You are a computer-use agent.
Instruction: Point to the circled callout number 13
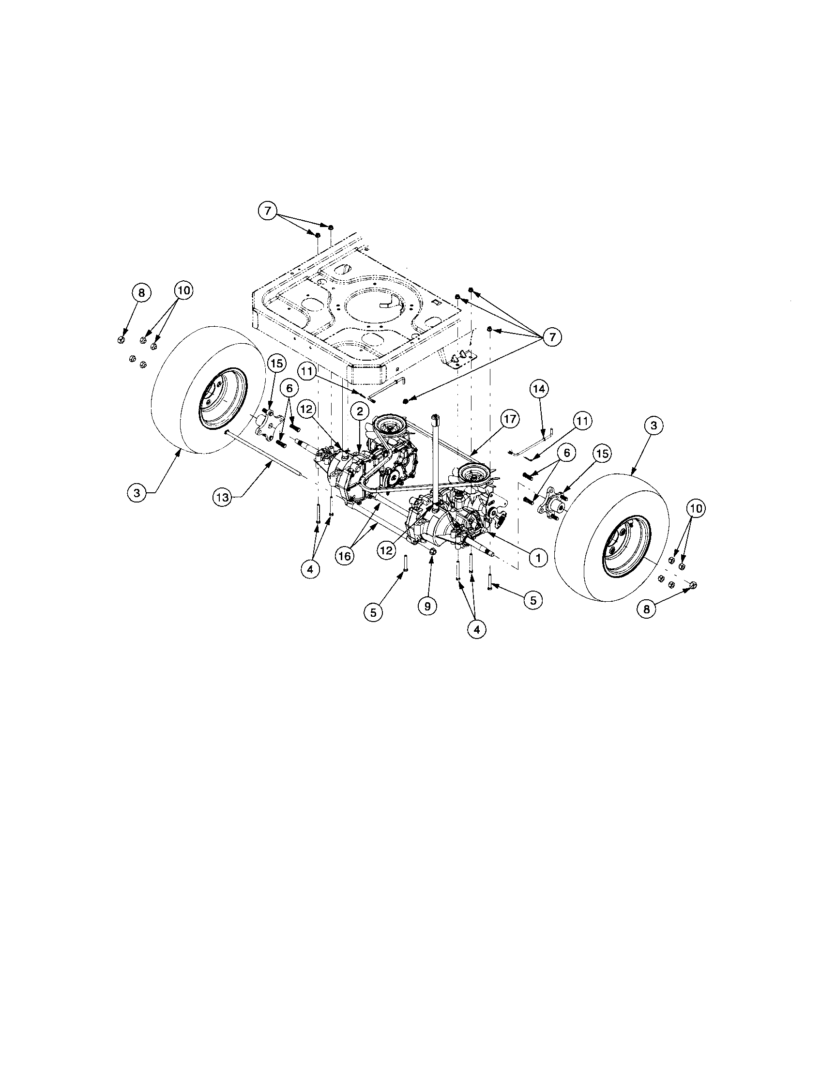click(x=222, y=497)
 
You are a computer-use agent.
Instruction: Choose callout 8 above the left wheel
click(x=141, y=293)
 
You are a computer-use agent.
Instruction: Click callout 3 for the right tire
click(x=654, y=425)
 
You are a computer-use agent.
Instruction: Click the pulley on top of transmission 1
click(x=472, y=472)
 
